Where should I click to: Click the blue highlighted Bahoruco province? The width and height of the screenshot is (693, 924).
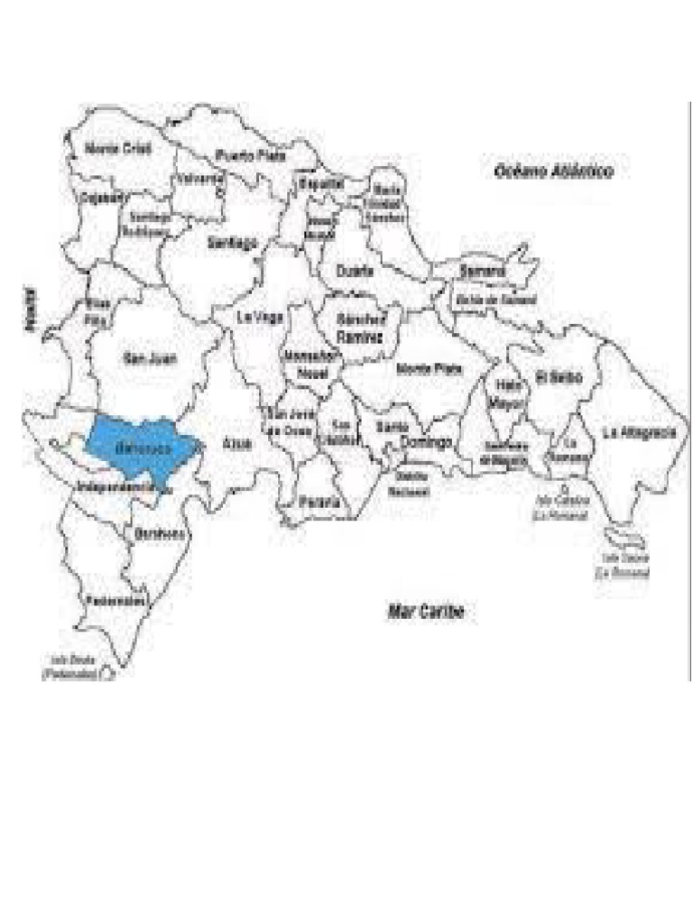135,447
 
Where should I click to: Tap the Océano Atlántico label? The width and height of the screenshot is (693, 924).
553,171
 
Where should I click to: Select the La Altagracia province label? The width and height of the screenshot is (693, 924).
639,432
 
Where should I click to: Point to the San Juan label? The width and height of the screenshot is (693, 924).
150,359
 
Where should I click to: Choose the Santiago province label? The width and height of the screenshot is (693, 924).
232,243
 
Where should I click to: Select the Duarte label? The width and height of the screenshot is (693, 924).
354,271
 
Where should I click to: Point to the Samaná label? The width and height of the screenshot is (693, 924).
482,271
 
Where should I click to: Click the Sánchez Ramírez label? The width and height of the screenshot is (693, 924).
360,328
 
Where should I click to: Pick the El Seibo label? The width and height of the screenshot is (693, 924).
559,376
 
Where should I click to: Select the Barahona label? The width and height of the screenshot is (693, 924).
160,534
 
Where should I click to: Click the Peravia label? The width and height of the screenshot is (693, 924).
322,502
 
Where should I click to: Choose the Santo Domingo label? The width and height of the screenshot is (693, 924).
412,435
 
